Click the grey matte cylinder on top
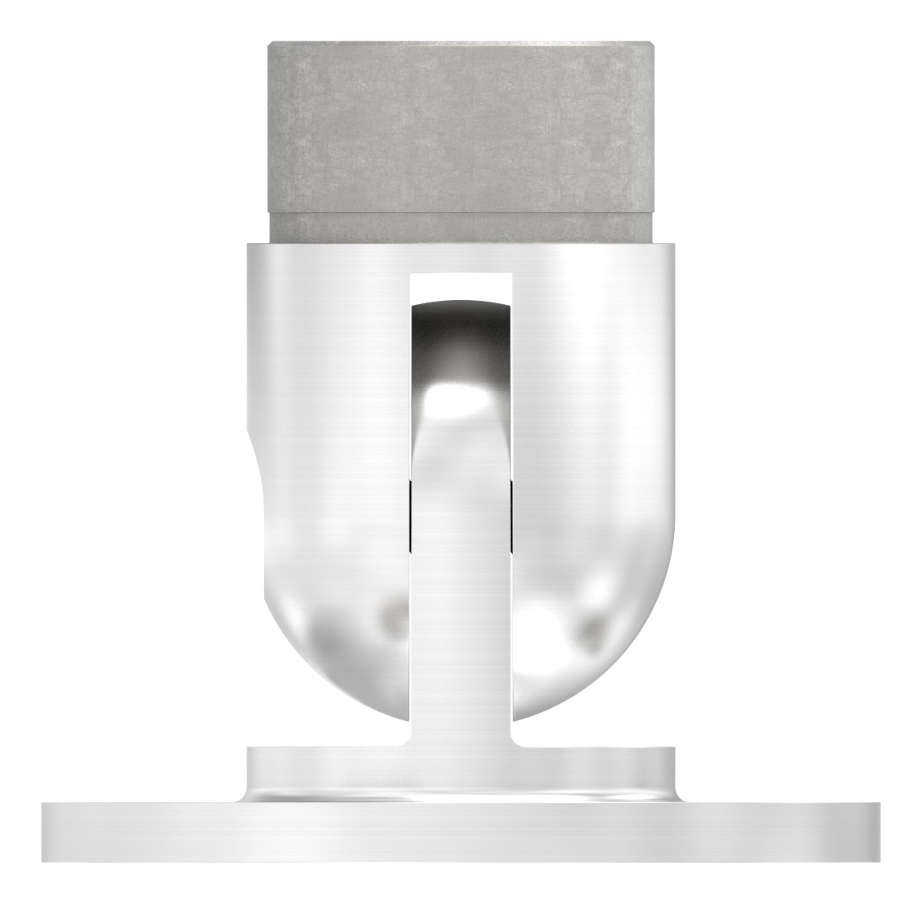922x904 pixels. point(460,122)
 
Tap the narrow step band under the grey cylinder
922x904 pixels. point(460,229)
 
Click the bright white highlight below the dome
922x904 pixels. point(460,398)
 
